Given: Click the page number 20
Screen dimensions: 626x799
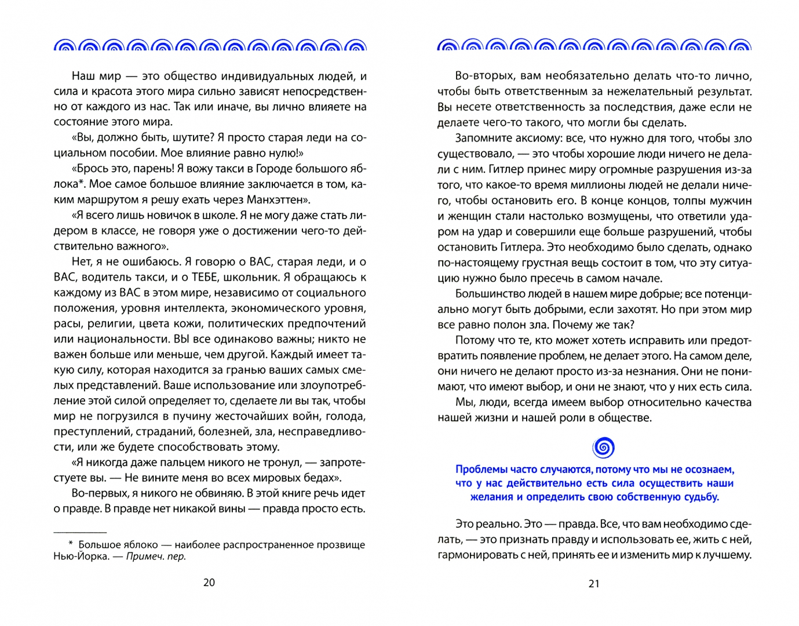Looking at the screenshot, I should pos(209,583).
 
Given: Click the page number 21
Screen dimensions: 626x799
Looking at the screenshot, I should pos(594,584).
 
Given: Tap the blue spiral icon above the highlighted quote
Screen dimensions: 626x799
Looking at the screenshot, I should pos(603,447).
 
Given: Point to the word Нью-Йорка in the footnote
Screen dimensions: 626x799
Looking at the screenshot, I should pos(81,556).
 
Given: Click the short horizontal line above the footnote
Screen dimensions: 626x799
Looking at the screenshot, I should pos(80,532).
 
